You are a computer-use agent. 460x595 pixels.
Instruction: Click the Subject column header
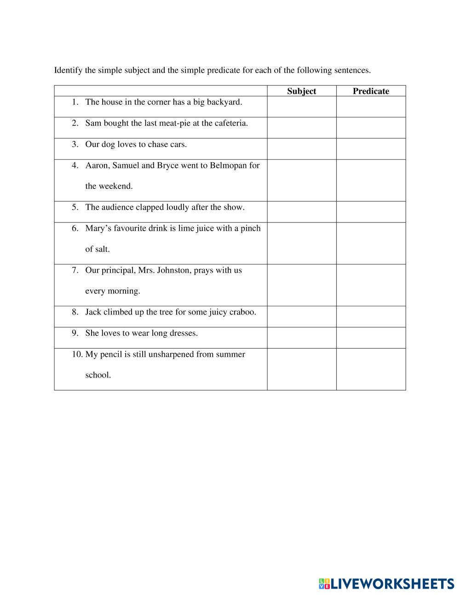coord(301,91)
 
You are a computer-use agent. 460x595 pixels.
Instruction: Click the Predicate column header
coord(371,91)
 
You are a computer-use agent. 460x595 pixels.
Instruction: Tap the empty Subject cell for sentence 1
coord(302,107)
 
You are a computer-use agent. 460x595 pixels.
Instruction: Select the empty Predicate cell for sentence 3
coord(371,149)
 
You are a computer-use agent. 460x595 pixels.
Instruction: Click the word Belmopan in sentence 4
coord(228,165)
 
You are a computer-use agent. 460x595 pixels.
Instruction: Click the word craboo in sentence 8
coord(242,312)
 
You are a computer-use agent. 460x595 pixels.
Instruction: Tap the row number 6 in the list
coord(75,229)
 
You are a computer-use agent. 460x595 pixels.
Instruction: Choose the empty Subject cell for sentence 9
coord(302,338)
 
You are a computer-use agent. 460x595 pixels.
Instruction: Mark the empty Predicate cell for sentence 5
coord(371,212)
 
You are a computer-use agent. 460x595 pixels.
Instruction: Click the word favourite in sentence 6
coord(130,229)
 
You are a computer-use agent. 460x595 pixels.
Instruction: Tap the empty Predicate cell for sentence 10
coord(371,369)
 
